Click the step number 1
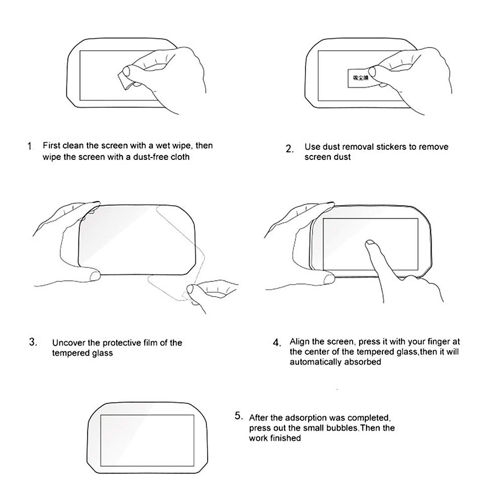[29, 146]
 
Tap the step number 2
[290, 149]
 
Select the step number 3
[33, 342]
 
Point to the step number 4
[277, 343]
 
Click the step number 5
[238, 416]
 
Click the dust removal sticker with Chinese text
[360, 78]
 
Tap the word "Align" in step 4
[300, 342]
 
